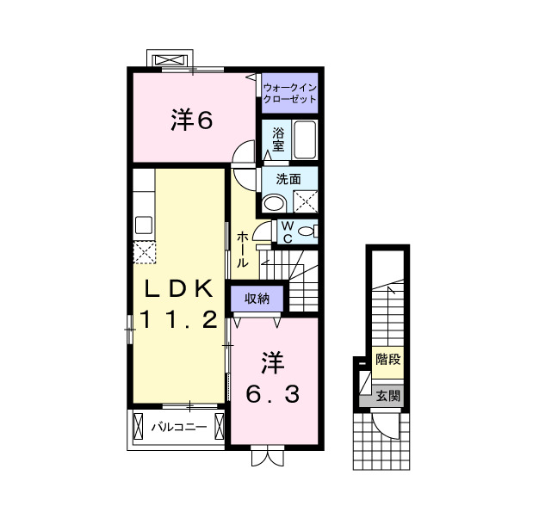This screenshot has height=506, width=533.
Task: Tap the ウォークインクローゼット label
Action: (x=290, y=93)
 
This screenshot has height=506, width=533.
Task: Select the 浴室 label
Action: (x=278, y=140)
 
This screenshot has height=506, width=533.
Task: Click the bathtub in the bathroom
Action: (x=305, y=140)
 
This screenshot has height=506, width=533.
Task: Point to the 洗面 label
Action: (x=288, y=180)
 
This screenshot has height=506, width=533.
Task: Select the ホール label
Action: (x=243, y=249)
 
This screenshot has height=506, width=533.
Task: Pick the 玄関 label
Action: (x=387, y=396)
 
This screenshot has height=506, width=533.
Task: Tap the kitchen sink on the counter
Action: (x=143, y=226)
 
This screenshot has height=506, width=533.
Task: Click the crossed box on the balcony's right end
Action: (x=220, y=426)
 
